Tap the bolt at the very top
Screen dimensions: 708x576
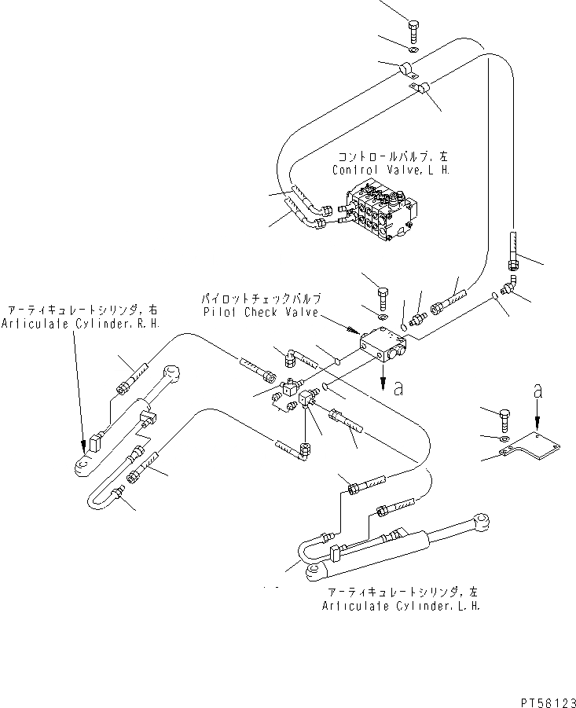click(415, 31)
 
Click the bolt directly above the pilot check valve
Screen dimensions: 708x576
click(381, 298)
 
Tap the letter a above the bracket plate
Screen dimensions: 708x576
click(537, 390)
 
